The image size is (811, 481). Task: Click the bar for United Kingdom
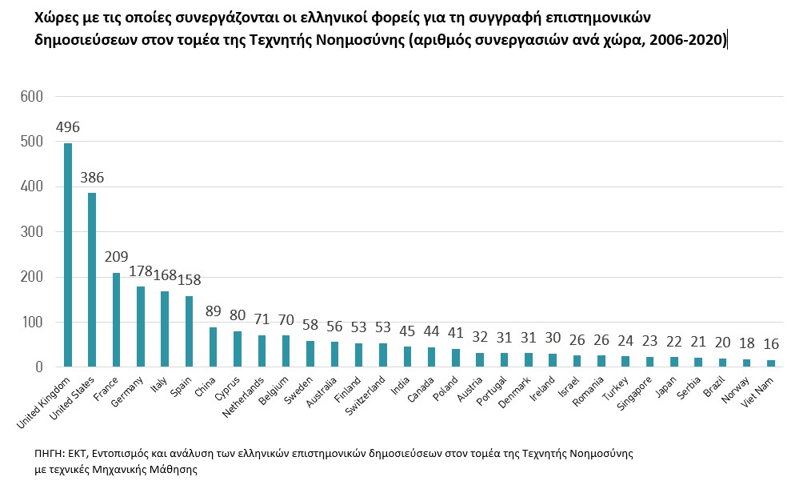point(68,255)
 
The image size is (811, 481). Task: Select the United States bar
point(92,280)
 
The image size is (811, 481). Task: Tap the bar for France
point(117,320)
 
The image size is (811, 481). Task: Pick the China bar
point(214,347)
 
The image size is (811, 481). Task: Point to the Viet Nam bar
point(770,363)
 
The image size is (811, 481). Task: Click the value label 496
point(68,128)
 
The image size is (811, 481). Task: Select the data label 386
point(92,178)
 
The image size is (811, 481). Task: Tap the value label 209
point(117,258)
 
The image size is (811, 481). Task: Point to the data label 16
point(770,344)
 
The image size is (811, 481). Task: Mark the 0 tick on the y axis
point(38,367)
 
